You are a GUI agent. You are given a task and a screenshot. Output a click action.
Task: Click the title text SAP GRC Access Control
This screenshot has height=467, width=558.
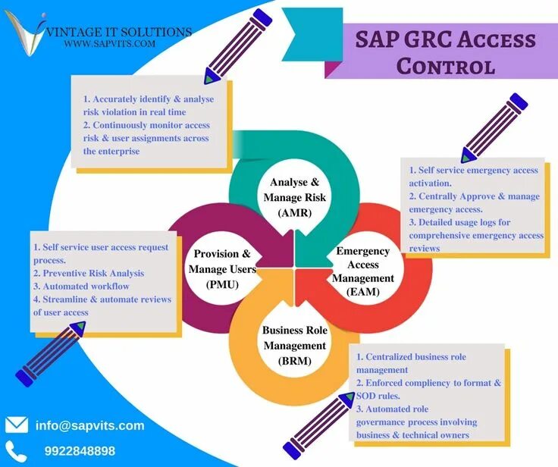[x=445, y=52]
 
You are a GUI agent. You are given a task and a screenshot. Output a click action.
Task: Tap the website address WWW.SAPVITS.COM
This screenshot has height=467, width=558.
[x=110, y=44]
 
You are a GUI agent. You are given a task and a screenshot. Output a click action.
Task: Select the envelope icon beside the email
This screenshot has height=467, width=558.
[x=17, y=425]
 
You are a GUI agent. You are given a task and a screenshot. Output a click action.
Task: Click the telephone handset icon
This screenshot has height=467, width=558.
[x=15, y=450]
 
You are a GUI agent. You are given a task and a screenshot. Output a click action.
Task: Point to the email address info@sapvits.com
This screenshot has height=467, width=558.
[x=89, y=425]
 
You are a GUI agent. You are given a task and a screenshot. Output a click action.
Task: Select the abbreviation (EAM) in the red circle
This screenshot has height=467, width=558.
[x=364, y=291]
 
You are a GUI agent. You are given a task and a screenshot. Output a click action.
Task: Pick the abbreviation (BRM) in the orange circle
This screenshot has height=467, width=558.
[x=295, y=361]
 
